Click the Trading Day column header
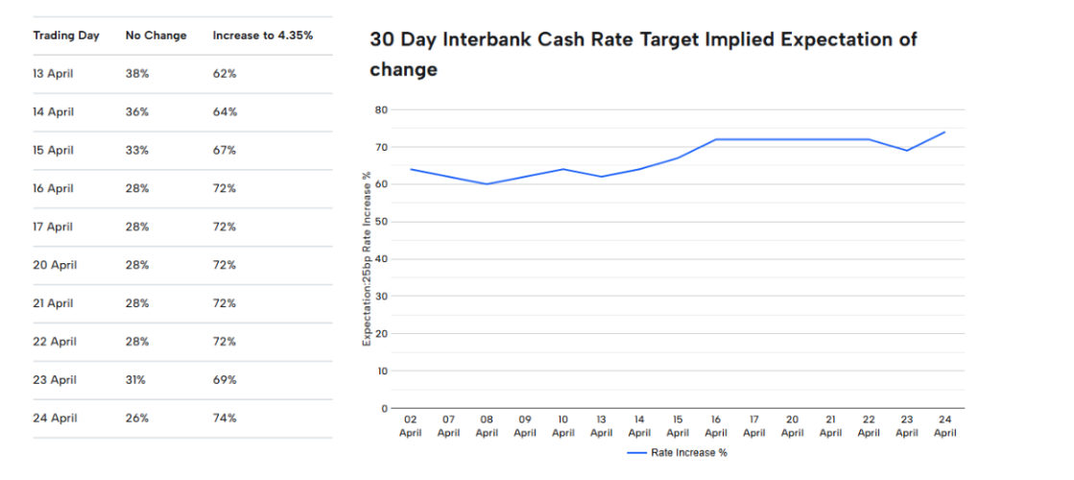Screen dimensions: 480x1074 click(x=66, y=36)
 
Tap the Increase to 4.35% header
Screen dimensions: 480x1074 click(x=262, y=36)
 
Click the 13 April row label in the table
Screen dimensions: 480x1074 click(x=54, y=73)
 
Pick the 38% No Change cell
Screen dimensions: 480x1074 click(x=137, y=73)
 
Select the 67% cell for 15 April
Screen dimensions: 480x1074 click(x=225, y=150)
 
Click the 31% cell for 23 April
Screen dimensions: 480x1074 click(x=136, y=380)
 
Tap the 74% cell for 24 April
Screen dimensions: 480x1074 click(x=225, y=419)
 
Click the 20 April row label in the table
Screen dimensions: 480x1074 click(x=55, y=265)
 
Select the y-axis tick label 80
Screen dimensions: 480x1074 click(x=381, y=110)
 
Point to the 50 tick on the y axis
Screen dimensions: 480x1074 click(x=381, y=222)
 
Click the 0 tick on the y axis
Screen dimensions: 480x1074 click(x=384, y=409)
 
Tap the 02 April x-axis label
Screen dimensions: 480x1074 click(x=411, y=426)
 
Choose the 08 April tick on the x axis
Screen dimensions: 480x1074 click(x=487, y=426)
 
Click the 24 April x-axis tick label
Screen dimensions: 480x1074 click(x=944, y=426)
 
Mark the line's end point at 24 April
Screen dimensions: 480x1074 click(x=944, y=132)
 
